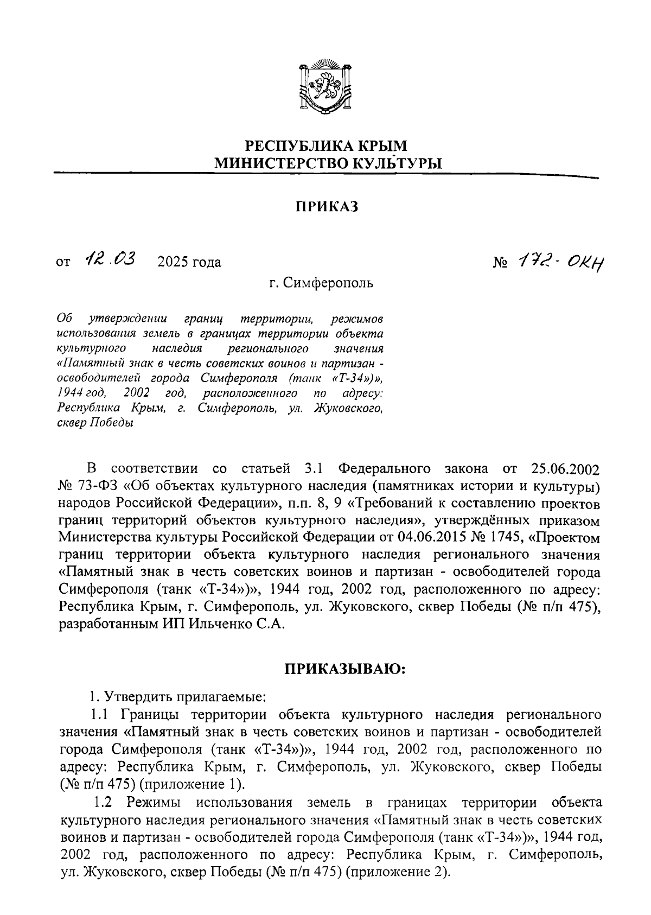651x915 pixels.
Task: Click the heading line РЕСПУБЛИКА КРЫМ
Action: (326, 146)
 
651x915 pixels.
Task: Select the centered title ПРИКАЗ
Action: (327, 206)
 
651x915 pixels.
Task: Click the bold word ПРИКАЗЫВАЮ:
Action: (346, 669)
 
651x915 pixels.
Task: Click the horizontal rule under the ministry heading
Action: (325, 174)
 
